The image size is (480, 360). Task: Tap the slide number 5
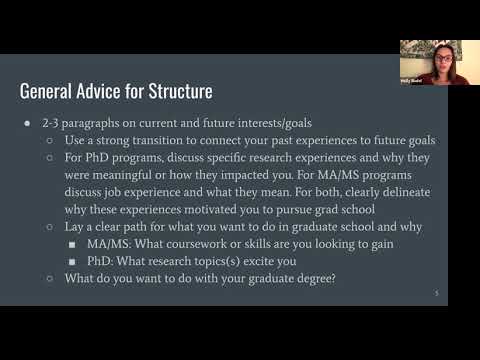[437, 293]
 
